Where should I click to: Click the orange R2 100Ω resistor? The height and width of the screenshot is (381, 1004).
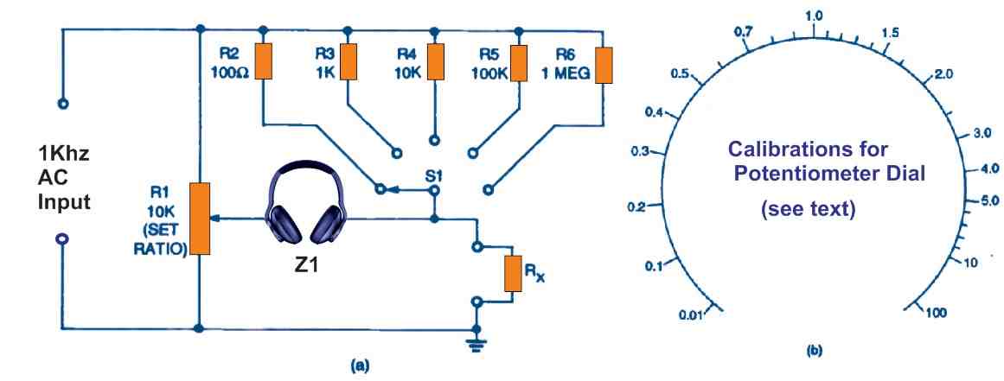pos(263,60)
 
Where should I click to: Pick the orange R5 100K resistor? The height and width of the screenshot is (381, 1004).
pos(519,60)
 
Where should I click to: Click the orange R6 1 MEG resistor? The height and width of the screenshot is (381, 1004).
pos(604,62)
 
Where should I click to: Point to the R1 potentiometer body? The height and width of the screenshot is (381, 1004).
pos(200,218)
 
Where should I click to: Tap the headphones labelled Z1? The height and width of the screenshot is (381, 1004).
pos(306,208)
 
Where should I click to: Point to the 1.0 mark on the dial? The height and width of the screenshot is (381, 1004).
pos(814,16)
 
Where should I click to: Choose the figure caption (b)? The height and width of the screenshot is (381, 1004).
pos(814,351)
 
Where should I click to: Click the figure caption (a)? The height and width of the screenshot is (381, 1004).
pos(358,365)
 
